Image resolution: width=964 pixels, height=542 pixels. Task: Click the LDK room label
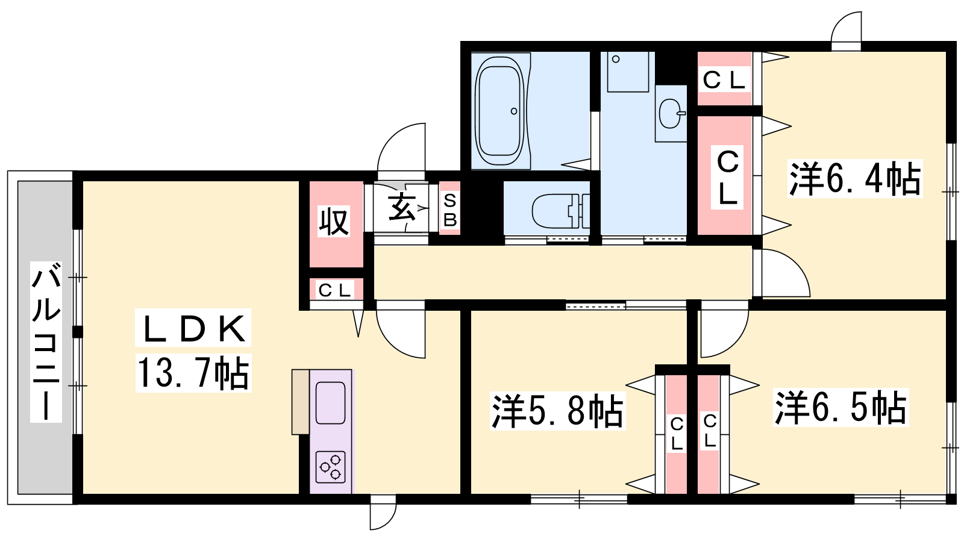(193, 328)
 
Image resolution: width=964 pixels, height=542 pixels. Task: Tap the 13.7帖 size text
(193, 373)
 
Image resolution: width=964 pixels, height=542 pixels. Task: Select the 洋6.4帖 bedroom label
(855, 178)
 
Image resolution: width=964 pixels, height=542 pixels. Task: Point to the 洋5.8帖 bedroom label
(557, 411)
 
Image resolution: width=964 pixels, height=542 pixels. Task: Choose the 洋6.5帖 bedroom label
(840, 407)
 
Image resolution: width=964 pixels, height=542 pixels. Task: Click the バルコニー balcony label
(46, 342)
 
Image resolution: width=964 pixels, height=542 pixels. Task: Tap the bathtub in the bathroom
(499, 111)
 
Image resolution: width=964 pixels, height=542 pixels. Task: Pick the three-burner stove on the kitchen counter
(331, 467)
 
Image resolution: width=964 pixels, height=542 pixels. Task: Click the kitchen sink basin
(331, 403)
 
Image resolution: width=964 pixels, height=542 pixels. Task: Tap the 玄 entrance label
(402, 207)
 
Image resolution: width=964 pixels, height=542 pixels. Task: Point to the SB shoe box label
(449, 210)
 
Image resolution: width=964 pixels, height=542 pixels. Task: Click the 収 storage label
(334, 221)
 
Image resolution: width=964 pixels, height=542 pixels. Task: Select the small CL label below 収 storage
(334, 291)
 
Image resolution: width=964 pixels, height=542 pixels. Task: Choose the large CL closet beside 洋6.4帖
(727, 177)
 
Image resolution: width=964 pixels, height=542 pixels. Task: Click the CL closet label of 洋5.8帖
(677, 434)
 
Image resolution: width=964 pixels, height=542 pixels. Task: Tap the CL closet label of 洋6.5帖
(710, 431)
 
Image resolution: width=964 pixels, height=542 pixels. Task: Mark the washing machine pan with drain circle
(628, 72)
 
